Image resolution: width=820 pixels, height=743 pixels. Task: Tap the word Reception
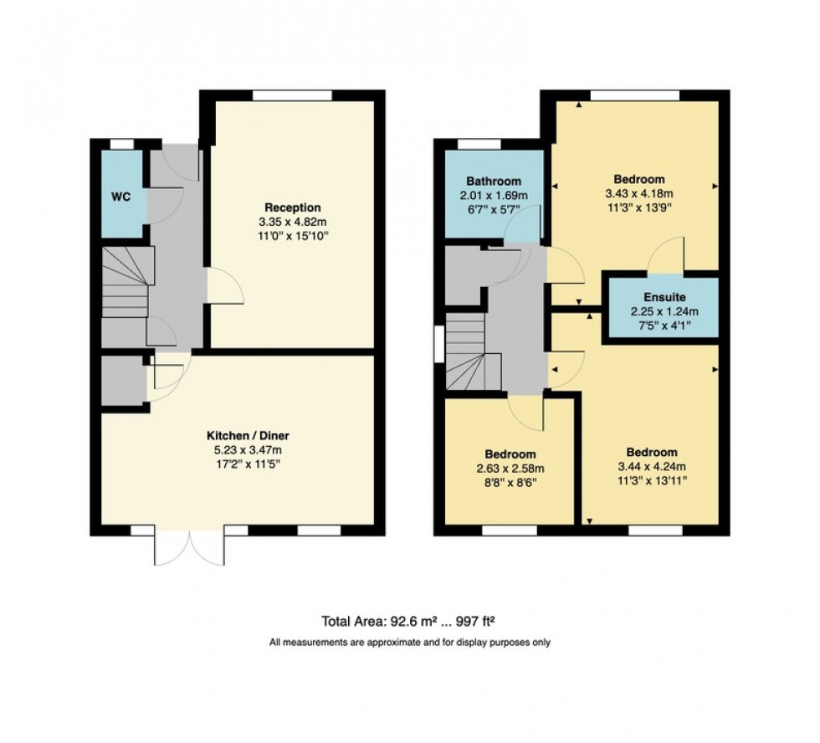(x=292, y=207)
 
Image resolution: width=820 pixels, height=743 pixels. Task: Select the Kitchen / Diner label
(x=247, y=436)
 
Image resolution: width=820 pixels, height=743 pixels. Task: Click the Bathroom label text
(x=494, y=181)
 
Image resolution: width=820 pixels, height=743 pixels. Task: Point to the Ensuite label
(x=664, y=297)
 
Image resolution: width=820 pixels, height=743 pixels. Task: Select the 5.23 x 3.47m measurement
(x=247, y=450)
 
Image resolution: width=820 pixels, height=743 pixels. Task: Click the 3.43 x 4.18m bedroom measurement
(x=638, y=194)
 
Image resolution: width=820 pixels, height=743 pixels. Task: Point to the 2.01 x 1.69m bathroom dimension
(x=494, y=195)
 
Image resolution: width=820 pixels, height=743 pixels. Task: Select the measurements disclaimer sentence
(x=409, y=643)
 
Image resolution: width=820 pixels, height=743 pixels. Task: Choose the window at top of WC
(x=121, y=144)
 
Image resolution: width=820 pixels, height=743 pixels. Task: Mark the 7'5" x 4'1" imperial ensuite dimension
(x=664, y=326)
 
